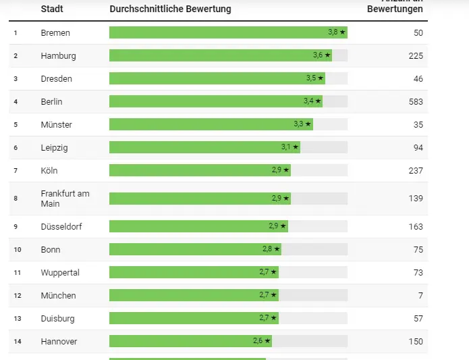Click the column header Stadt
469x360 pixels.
[x=52, y=9]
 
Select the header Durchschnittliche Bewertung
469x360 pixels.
[x=170, y=9]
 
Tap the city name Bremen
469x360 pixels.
[x=55, y=32]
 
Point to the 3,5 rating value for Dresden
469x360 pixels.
[x=311, y=78]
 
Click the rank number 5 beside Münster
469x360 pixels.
[x=16, y=124]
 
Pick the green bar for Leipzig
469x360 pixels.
[x=196, y=147]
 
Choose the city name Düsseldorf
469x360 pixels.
[x=62, y=226]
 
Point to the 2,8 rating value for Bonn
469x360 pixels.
[x=267, y=249]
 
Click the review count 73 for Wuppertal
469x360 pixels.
[x=418, y=272]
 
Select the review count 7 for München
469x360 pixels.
[x=420, y=295]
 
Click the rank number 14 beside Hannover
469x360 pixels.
[x=18, y=341]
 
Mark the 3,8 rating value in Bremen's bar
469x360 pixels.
[x=333, y=32]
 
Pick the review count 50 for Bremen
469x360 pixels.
[x=418, y=32]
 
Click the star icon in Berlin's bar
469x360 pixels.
[x=319, y=101]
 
